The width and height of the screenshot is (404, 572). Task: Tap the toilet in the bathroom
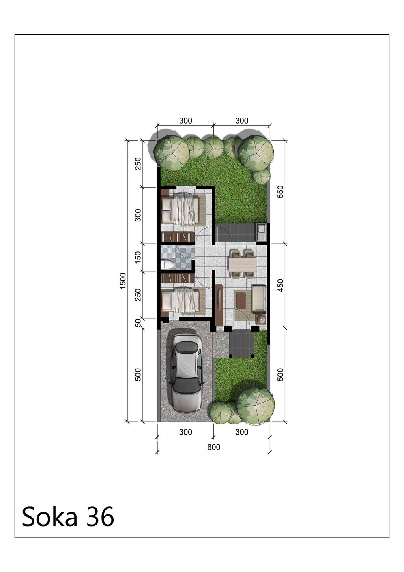(x=167, y=264)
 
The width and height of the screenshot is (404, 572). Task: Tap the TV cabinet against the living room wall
(x=219, y=306)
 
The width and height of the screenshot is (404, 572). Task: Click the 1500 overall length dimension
(x=123, y=281)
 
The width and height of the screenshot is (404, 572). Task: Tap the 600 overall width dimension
(x=213, y=447)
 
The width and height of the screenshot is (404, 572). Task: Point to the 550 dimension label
(x=281, y=191)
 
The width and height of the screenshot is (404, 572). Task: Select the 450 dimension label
(x=281, y=285)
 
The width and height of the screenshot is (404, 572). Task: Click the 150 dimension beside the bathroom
(x=138, y=257)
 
